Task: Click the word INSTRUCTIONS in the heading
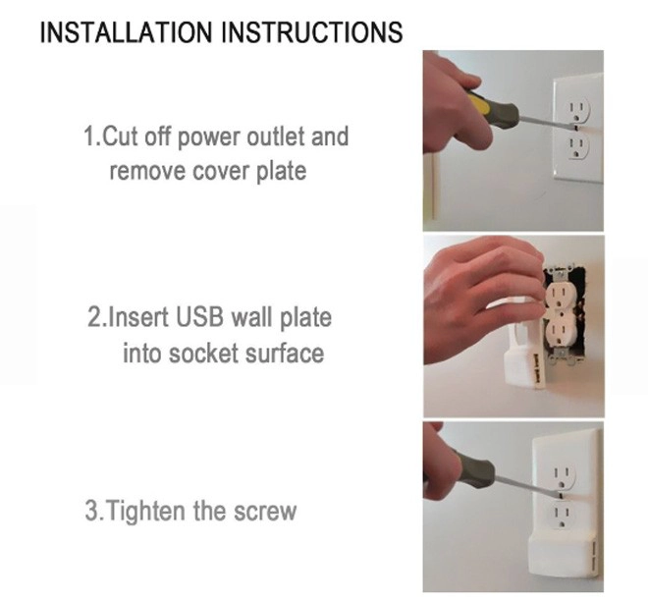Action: [x=312, y=31]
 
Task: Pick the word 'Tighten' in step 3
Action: [x=145, y=511]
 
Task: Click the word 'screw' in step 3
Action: [x=265, y=511]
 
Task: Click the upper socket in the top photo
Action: [x=577, y=110]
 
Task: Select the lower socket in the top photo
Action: [x=577, y=146]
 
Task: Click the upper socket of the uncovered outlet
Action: [x=558, y=297]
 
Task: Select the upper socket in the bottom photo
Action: [x=563, y=475]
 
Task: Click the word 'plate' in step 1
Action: [x=281, y=171]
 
